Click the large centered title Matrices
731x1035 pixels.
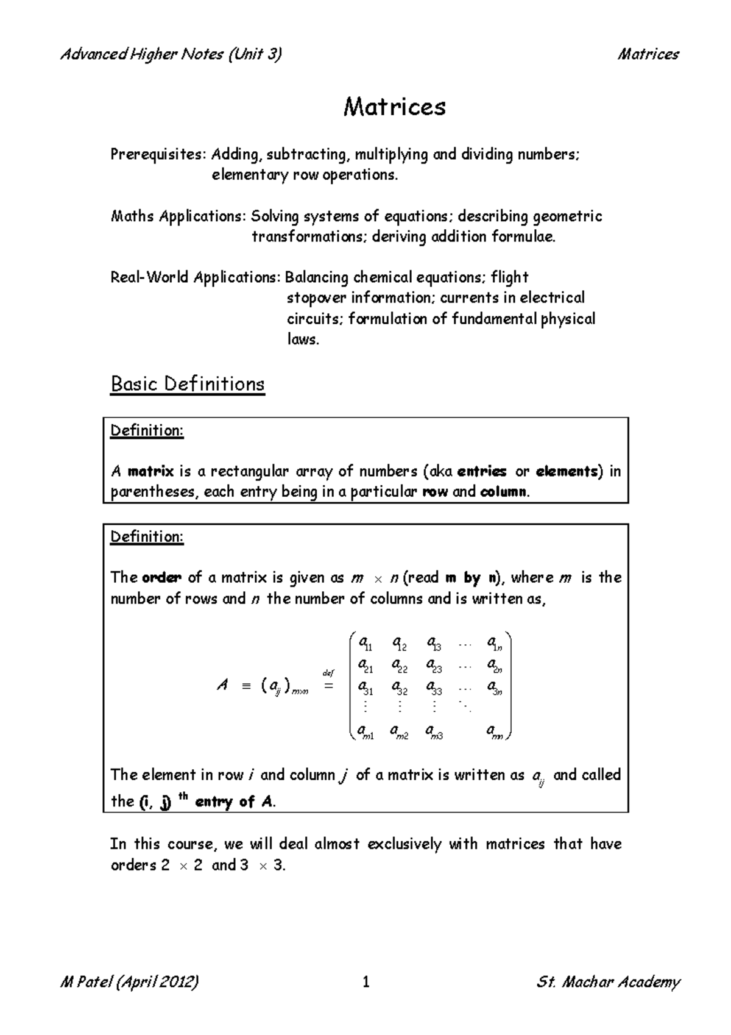point(395,107)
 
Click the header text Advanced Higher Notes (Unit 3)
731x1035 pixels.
point(171,54)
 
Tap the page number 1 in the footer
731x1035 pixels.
point(366,982)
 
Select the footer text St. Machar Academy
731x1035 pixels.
point(608,982)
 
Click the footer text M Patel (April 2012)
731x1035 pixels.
point(130,982)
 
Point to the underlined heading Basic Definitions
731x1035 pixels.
point(187,384)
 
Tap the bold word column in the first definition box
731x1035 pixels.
point(503,492)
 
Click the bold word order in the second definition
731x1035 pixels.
point(161,578)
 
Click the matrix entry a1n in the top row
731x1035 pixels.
point(495,643)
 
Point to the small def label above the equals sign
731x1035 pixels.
point(328,673)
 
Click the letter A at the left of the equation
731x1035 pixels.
point(222,686)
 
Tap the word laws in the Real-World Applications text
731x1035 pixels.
point(302,340)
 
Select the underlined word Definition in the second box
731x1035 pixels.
point(146,537)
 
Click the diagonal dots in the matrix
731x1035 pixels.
point(465,707)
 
